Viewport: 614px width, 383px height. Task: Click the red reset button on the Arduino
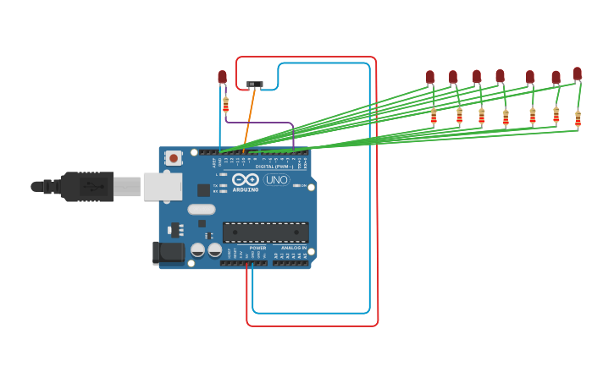pos(174,157)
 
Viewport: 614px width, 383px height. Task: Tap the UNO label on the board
pos(276,180)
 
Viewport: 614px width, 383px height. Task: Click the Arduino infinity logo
pos(245,179)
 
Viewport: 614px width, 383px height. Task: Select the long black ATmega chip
pos(265,233)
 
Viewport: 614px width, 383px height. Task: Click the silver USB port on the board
pos(163,187)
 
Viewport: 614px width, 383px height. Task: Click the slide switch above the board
pos(254,85)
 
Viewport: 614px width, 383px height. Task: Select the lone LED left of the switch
pos(222,77)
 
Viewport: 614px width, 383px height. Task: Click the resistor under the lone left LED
pos(225,105)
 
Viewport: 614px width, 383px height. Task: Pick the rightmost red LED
pos(578,74)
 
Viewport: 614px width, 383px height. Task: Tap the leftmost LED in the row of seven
pos(430,77)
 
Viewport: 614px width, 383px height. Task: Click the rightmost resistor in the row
pos(578,118)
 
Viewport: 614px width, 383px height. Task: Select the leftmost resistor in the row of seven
pos(434,116)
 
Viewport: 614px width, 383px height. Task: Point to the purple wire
pos(263,123)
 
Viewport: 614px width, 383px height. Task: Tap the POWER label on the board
pos(257,248)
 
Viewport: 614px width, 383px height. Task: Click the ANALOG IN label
pos(293,248)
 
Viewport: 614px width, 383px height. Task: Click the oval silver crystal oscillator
pos(202,209)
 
